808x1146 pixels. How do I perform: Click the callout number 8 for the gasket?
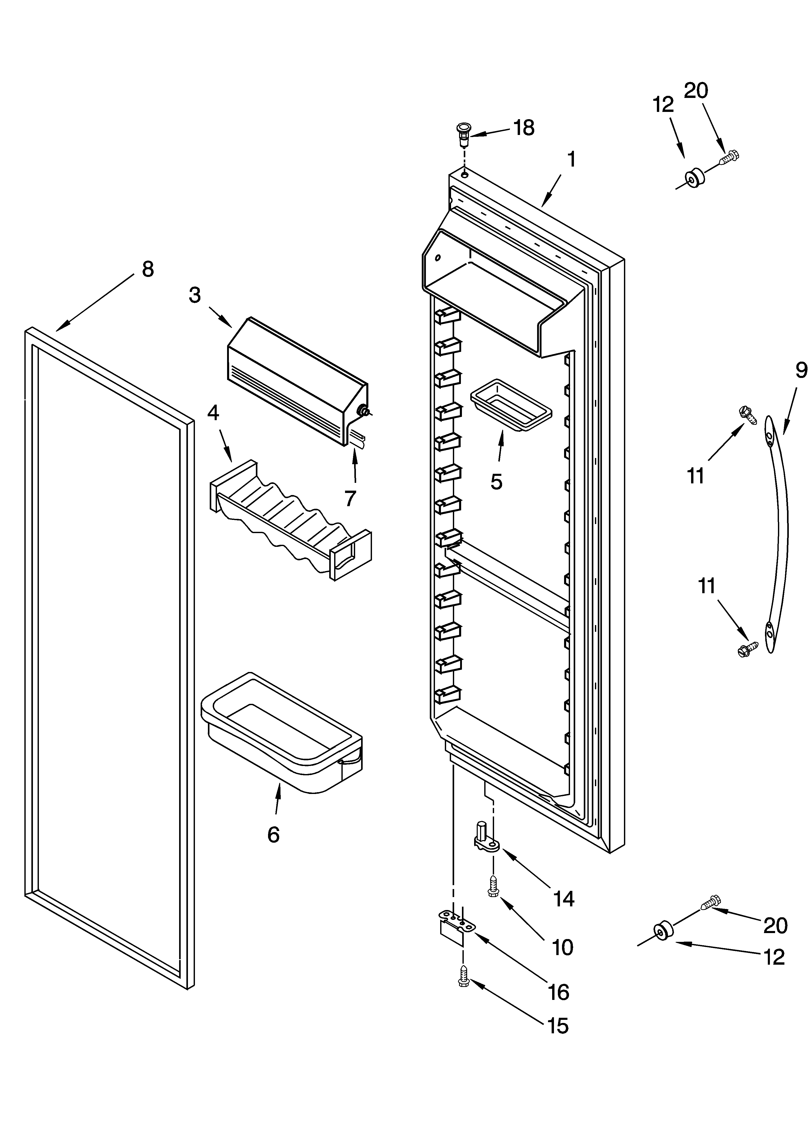[148, 269]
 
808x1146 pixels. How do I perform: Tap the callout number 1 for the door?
[572, 160]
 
